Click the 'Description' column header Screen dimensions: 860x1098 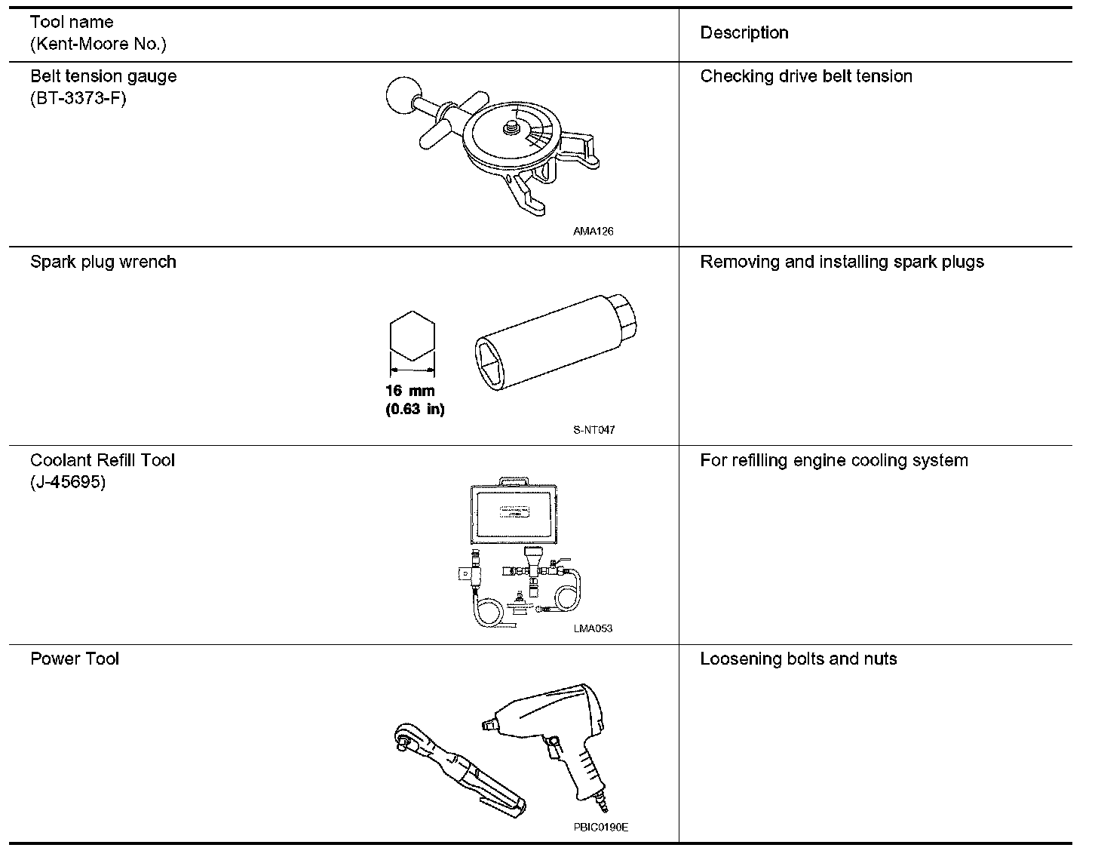(x=744, y=33)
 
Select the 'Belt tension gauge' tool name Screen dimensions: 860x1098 (x=103, y=77)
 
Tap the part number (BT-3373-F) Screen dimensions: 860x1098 (x=78, y=98)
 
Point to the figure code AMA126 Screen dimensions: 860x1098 (x=593, y=232)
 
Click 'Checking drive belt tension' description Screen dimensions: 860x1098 (x=805, y=77)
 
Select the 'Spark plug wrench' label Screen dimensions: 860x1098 (x=103, y=263)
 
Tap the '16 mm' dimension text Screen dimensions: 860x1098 (x=409, y=392)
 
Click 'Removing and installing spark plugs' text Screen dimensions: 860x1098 (x=842, y=263)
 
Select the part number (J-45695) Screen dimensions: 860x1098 (x=68, y=482)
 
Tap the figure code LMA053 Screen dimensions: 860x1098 (x=593, y=629)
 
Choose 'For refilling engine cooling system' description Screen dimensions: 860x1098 (x=833, y=461)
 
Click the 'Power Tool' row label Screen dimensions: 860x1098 (x=75, y=659)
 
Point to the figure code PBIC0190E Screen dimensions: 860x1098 (x=600, y=828)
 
